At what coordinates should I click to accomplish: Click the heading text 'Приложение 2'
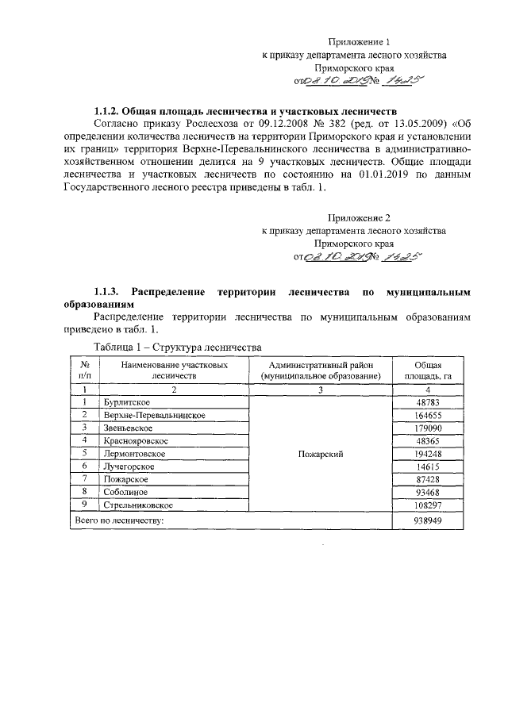click(x=360, y=217)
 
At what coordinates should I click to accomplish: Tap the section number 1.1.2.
click(x=110, y=110)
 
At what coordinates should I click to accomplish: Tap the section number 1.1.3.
click(x=110, y=292)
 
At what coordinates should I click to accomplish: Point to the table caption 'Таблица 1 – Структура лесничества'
click(x=177, y=347)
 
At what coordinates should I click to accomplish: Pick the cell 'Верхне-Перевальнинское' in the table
click(x=154, y=416)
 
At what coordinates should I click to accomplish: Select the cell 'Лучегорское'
click(x=129, y=467)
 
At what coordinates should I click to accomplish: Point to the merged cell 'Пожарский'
click(x=321, y=454)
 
